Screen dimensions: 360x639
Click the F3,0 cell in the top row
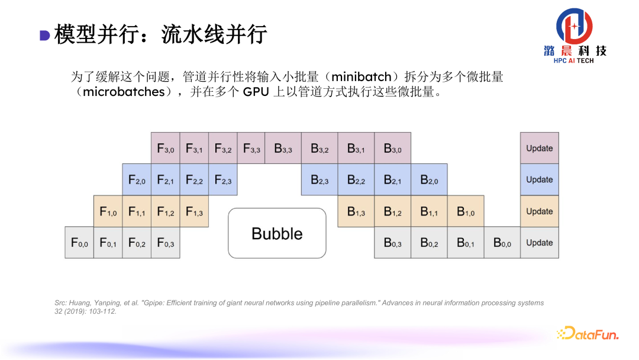(x=166, y=148)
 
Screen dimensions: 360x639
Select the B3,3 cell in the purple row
(x=283, y=148)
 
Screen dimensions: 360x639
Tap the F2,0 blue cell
(x=137, y=180)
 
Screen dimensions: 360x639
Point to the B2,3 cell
(x=319, y=180)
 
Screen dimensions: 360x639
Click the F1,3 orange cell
(x=194, y=211)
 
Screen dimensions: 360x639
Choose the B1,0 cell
(x=466, y=211)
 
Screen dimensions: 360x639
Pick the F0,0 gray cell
(x=79, y=243)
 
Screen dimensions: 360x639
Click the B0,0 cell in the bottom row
(x=502, y=243)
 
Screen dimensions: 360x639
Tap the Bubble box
(x=277, y=233)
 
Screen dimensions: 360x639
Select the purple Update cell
(x=540, y=148)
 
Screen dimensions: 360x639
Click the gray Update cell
(x=540, y=243)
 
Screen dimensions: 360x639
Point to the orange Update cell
(x=540, y=211)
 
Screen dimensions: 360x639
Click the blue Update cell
(x=540, y=180)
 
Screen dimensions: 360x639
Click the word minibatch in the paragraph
(x=361, y=77)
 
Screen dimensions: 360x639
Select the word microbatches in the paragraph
(x=124, y=92)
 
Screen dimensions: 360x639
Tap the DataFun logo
(x=588, y=334)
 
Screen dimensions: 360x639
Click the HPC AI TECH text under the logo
(x=573, y=61)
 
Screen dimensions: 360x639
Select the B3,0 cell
(x=392, y=148)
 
